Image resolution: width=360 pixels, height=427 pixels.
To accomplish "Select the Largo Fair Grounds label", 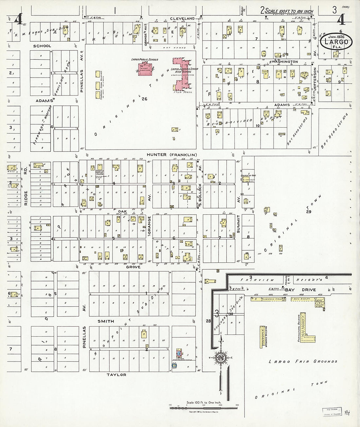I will click(x=303, y=362).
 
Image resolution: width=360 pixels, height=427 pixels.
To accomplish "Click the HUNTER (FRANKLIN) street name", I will click(x=172, y=155).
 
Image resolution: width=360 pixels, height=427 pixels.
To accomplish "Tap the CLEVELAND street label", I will click(x=182, y=19).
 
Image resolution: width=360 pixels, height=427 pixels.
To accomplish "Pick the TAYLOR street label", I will click(x=116, y=375).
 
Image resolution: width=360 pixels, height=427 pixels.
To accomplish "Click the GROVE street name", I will click(x=133, y=267).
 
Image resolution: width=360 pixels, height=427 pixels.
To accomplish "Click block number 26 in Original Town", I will click(x=143, y=99).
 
